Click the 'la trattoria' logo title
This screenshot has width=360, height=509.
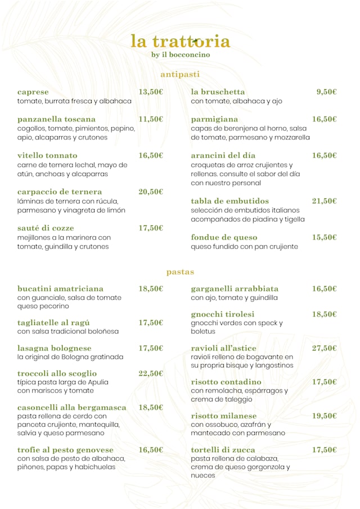coord(180,41)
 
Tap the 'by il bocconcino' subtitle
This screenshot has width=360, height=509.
coord(181,55)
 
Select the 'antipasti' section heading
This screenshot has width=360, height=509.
coord(180,74)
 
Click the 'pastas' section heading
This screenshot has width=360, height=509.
coord(180,272)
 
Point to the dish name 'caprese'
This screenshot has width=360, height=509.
coord(33,92)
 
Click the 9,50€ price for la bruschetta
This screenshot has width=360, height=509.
coord(326,92)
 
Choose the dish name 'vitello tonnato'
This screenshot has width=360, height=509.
coord(47,155)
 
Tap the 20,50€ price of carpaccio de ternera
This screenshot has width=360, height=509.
coord(151,192)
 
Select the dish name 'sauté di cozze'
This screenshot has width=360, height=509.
coord(47,228)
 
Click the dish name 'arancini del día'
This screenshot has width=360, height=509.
coord(223,155)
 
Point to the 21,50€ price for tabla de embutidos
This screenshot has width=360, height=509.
coord(325,201)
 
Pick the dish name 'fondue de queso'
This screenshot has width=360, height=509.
coord(224,237)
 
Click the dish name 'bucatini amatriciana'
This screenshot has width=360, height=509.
coord(60,289)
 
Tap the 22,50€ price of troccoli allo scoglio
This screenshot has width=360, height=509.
coord(151,373)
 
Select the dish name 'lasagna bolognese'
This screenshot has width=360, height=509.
coord(54,348)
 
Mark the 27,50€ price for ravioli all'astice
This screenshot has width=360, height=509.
coord(325,348)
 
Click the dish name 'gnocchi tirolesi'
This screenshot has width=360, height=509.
coord(223,314)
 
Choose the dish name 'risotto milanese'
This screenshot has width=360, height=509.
coord(223,416)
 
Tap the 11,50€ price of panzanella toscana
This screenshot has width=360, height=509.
coord(151,119)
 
